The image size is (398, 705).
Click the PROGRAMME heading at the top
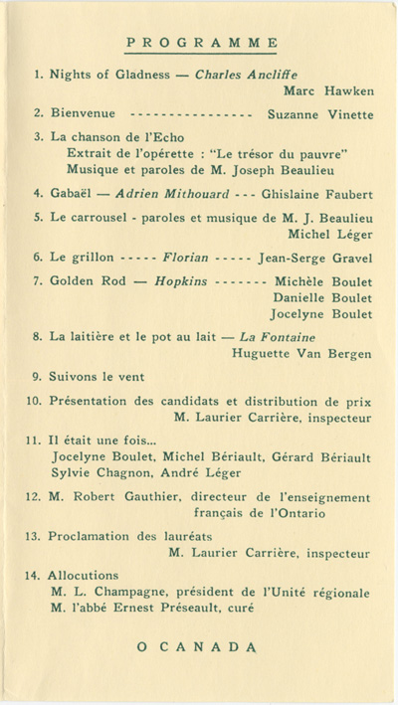pyautogui.click(x=202, y=43)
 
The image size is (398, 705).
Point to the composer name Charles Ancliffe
pyautogui.click(x=246, y=75)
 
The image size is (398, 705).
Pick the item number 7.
pyautogui.click(x=37, y=280)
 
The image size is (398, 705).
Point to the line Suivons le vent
pyautogui.click(x=97, y=377)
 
